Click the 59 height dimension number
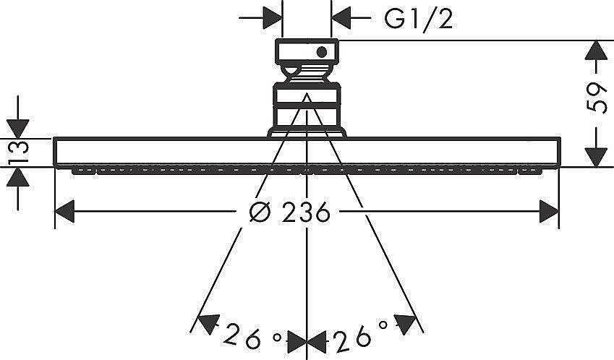597,98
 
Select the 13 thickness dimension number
18,153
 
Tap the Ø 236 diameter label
290,212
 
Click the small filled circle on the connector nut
322,52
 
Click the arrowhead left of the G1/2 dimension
273,18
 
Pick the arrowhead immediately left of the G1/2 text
341,18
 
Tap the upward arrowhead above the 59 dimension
596,50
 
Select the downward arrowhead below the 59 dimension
596,158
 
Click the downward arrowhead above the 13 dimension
18,129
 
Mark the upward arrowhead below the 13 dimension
18,177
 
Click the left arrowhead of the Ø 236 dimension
64,212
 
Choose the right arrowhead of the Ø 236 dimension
550,212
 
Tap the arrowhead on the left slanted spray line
208,324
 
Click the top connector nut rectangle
307,51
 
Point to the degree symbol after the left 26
277,338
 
